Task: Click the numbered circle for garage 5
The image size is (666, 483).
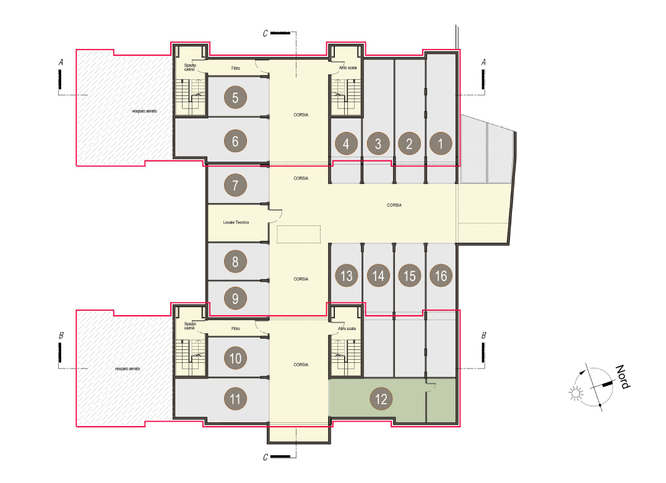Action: (x=235, y=97)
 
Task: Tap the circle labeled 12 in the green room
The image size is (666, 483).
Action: (x=381, y=399)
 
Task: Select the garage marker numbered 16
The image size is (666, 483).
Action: (x=441, y=276)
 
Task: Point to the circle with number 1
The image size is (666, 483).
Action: (x=441, y=143)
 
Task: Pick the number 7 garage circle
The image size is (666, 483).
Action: (x=235, y=185)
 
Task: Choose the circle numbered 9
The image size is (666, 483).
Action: (x=235, y=298)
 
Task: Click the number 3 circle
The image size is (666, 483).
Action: (x=378, y=144)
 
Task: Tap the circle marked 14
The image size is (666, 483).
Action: (x=378, y=276)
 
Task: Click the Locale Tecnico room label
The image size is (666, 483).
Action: (x=236, y=222)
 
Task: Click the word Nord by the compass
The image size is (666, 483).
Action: (x=623, y=376)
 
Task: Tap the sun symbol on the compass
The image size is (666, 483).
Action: (x=576, y=393)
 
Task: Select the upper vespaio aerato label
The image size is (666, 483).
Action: (x=144, y=111)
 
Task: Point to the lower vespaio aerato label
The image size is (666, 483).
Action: (x=128, y=368)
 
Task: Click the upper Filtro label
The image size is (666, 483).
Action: (x=236, y=68)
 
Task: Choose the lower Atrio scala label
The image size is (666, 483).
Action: (x=347, y=328)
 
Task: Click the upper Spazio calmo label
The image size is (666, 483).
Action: (x=190, y=67)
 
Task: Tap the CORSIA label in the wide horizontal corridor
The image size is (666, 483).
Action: (x=394, y=205)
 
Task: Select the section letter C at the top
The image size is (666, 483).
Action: (x=266, y=33)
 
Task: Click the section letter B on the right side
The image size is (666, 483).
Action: (x=483, y=336)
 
